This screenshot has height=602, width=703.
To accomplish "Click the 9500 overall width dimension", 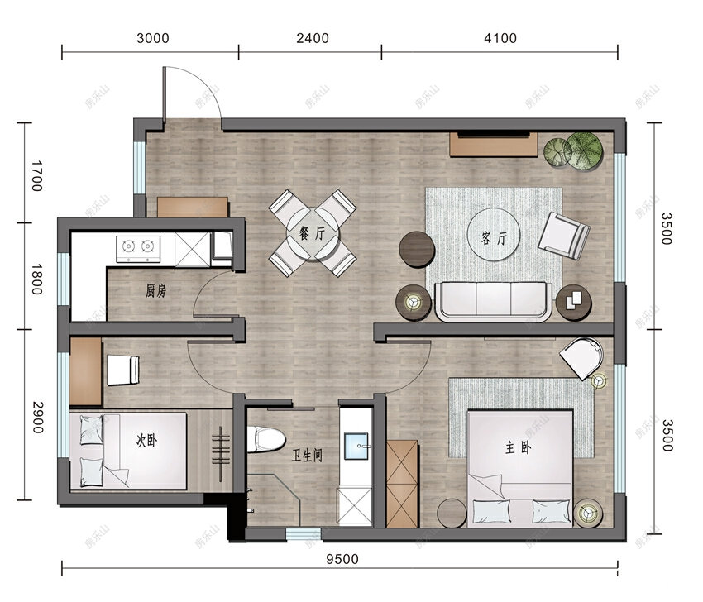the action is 342,559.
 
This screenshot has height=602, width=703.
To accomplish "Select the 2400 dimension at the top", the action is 313,38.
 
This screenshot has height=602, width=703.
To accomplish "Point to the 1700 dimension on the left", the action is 36,175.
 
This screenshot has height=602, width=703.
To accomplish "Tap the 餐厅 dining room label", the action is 313,233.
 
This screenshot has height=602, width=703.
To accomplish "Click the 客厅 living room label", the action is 494,237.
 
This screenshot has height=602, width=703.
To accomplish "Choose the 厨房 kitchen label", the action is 155,291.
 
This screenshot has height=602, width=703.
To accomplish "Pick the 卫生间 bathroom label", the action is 307,456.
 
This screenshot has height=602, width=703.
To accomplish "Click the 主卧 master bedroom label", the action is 519,447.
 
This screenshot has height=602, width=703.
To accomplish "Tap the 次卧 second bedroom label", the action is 146,441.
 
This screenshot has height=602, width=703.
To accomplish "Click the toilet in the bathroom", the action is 266,439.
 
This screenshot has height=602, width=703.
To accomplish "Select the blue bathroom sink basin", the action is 356,446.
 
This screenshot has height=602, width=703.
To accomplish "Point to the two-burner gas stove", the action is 138,249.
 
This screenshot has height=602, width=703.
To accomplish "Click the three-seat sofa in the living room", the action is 493,301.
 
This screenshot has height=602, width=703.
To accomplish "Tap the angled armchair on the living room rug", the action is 564,236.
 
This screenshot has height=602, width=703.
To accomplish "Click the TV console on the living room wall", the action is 494,145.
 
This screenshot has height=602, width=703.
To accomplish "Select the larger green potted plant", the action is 584,150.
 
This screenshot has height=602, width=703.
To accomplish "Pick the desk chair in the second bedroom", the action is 123,370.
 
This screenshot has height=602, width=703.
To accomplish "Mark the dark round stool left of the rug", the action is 417,249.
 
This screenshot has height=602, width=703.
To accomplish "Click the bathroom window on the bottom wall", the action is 304,534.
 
